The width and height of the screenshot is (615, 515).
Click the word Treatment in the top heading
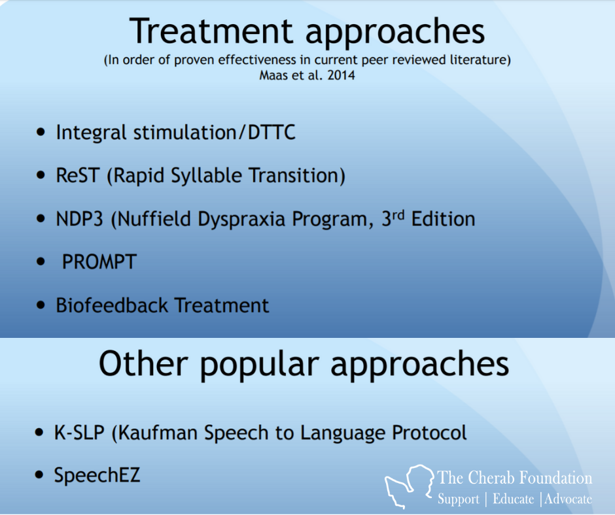211,31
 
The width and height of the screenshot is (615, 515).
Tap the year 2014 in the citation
342,75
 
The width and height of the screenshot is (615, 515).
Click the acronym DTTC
272,132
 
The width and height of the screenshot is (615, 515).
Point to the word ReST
77,175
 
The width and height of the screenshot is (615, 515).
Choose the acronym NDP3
79,219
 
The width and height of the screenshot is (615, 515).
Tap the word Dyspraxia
241,219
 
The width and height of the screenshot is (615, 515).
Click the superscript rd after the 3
398,215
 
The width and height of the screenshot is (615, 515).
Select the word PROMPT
99,262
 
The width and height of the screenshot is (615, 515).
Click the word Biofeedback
112,305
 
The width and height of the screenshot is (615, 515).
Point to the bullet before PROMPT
41,261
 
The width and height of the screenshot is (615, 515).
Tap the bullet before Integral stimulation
41,132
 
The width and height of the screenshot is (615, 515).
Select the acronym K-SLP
79,433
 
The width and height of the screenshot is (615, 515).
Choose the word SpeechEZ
97,475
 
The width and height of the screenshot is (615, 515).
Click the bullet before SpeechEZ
39,475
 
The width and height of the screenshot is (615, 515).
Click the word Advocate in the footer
568,499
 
